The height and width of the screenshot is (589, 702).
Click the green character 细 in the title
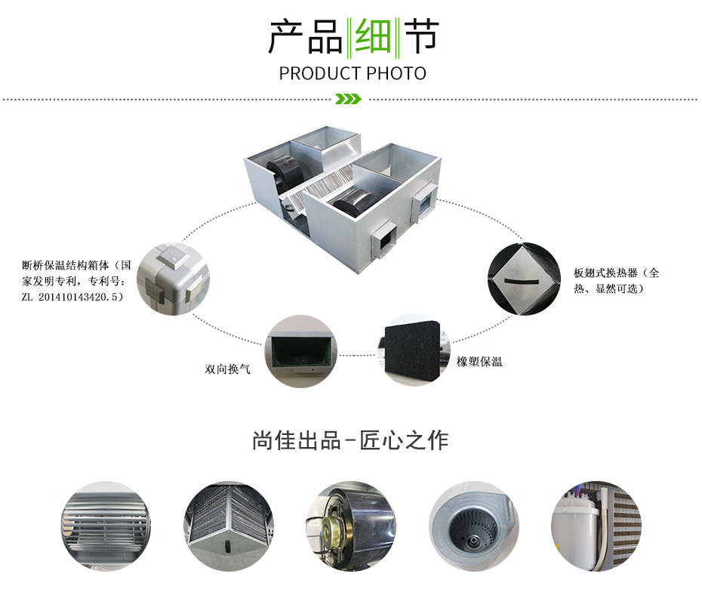(x=373, y=37)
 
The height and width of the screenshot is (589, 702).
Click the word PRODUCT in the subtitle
(x=319, y=73)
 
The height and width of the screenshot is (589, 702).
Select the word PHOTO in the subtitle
(x=396, y=73)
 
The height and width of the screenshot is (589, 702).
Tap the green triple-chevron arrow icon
(x=348, y=99)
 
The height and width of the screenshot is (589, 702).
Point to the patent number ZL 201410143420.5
(x=72, y=297)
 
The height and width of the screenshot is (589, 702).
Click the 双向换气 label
(x=227, y=369)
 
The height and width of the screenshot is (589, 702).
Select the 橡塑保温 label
(x=479, y=362)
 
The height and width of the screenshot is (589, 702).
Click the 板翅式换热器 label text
(x=605, y=273)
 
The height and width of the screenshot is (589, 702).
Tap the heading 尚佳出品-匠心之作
(x=350, y=440)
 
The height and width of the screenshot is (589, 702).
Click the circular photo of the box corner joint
(x=173, y=279)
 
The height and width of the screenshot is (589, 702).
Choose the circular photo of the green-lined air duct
(x=300, y=351)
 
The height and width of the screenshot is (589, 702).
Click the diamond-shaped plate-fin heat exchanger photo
(x=524, y=279)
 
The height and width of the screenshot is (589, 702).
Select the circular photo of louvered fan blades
(x=106, y=526)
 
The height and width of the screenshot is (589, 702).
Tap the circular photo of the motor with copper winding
(x=351, y=526)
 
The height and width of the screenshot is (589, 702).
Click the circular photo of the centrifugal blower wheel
(x=474, y=526)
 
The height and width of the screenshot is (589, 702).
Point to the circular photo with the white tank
(x=596, y=526)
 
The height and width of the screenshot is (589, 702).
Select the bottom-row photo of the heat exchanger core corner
(x=228, y=526)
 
